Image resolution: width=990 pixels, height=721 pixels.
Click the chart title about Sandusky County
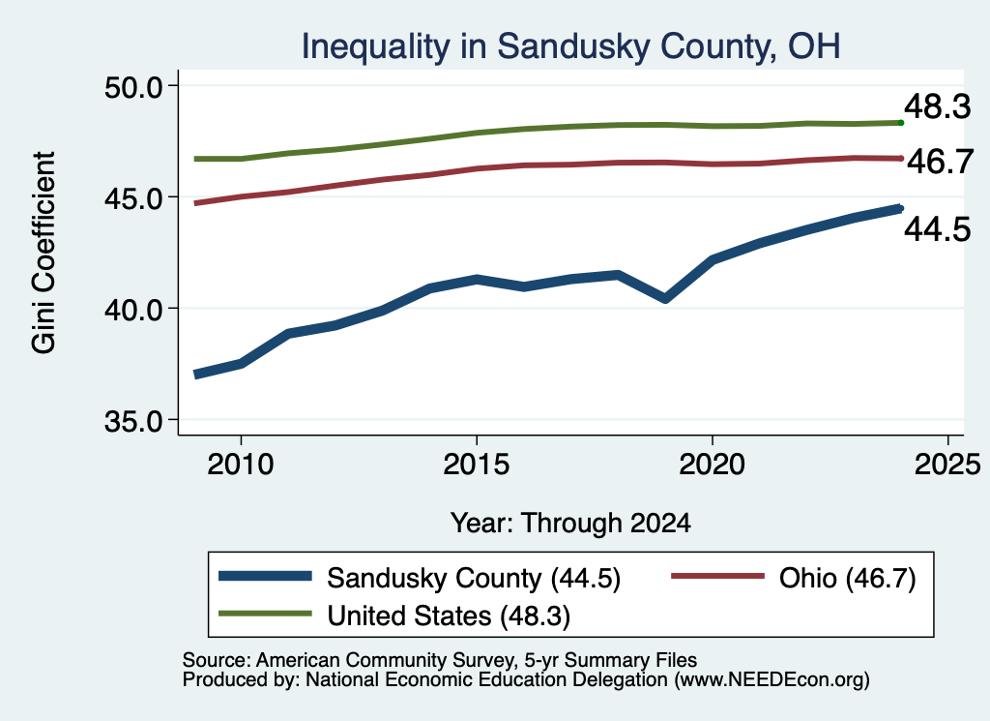click(570, 46)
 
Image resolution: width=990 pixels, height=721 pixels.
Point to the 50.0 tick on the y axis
click(133, 87)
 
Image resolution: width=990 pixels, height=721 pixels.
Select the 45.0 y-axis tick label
click(133, 198)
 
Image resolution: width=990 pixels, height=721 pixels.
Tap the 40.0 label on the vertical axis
click(133, 310)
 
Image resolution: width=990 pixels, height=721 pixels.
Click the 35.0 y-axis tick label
click(133, 421)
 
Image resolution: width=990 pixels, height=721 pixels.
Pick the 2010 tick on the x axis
click(241, 466)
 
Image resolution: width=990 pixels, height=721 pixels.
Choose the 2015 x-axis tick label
click(476, 466)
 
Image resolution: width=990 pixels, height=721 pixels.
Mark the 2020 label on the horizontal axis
click(713, 466)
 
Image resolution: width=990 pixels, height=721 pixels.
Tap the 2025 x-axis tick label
click(947, 466)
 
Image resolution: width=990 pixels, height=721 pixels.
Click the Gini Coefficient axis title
click(44, 253)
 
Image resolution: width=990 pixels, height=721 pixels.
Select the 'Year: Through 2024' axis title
click(570, 524)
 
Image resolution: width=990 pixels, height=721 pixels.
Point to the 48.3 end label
click(938, 106)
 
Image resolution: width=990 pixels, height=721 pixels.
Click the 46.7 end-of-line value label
click(941, 162)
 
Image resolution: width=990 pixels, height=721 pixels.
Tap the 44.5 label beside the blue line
click(938, 229)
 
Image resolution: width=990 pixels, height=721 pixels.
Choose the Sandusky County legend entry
click(420, 578)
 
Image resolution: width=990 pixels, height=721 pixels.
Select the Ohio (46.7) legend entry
click(793, 578)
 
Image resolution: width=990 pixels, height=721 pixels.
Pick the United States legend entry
click(394, 616)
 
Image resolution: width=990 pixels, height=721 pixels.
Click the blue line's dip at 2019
click(665, 298)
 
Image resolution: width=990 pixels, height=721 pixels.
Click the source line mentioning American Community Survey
click(440, 660)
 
